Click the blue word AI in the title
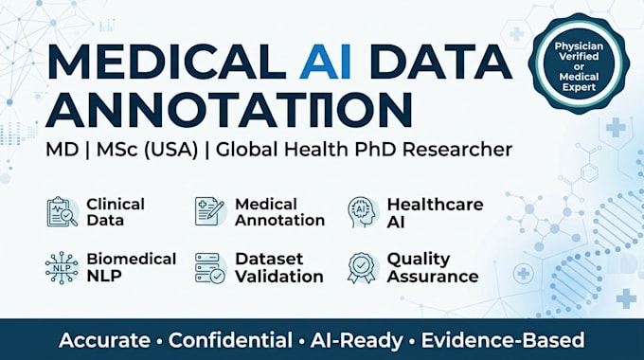coord(325,62)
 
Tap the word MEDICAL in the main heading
coord(167,62)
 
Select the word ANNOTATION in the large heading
coord(229,109)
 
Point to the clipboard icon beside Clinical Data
coord(62,211)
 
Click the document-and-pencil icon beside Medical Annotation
coord(210,211)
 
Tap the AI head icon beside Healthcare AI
coord(363,212)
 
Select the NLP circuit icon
coord(62,268)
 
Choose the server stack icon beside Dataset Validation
coord(210,268)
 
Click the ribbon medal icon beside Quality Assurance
coord(362,268)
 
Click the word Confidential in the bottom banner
coord(230,340)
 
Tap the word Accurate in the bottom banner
coord(104,340)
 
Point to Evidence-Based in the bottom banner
coord(503,340)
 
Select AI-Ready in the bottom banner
coord(356,341)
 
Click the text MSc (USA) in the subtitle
coord(147,150)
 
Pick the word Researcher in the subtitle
coord(457,149)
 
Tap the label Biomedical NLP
coord(132,267)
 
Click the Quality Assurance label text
coord(433,268)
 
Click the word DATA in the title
coord(440,62)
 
